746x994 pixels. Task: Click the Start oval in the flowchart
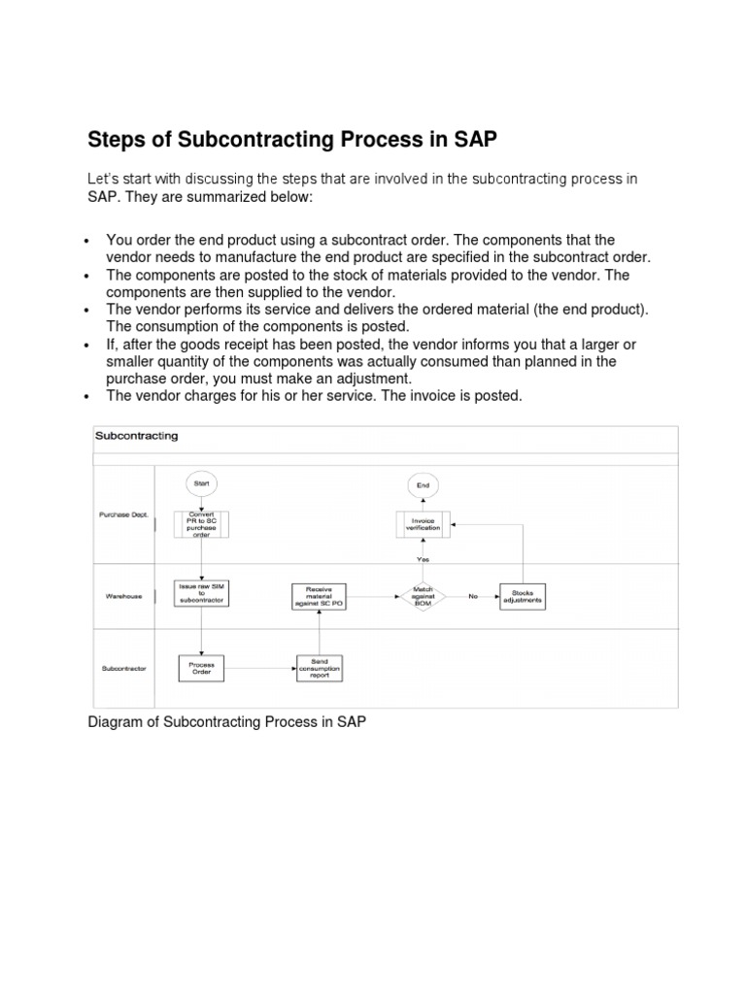201,483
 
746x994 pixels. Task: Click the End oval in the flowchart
424,484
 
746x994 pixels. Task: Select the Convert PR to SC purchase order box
201,524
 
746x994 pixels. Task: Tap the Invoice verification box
424,524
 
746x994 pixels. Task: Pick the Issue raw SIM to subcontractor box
201,593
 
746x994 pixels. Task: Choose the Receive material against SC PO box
319,596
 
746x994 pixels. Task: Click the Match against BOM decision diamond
424,596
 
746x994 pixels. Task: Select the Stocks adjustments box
523,596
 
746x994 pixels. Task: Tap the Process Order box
201,668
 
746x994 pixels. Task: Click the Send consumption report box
319,668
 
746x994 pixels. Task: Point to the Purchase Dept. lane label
123,514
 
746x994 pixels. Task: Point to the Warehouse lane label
123,596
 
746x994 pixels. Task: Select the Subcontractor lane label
124,668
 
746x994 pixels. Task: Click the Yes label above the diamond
424,559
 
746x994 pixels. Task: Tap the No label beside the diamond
473,596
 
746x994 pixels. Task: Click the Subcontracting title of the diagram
136,436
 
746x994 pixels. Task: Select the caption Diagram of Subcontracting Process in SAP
226,722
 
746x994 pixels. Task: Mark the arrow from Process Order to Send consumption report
259,668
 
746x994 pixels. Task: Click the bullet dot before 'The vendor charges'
88,396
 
